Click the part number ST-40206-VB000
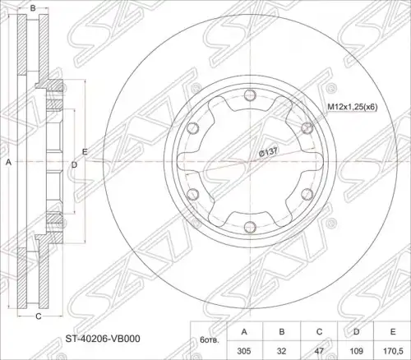pyautogui.click(x=103, y=339)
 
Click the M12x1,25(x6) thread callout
pyautogui.click(x=353, y=107)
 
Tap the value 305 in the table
pyautogui.click(x=244, y=351)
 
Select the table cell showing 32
pyautogui.click(x=281, y=351)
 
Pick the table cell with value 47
pyautogui.click(x=319, y=351)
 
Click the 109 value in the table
pyautogui.click(x=357, y=351)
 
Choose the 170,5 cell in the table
pyautogui.click(x=393, y=351)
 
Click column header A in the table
pyautogui.click(x=244, y=332)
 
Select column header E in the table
pyautogui.click(x=393, y=332)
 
